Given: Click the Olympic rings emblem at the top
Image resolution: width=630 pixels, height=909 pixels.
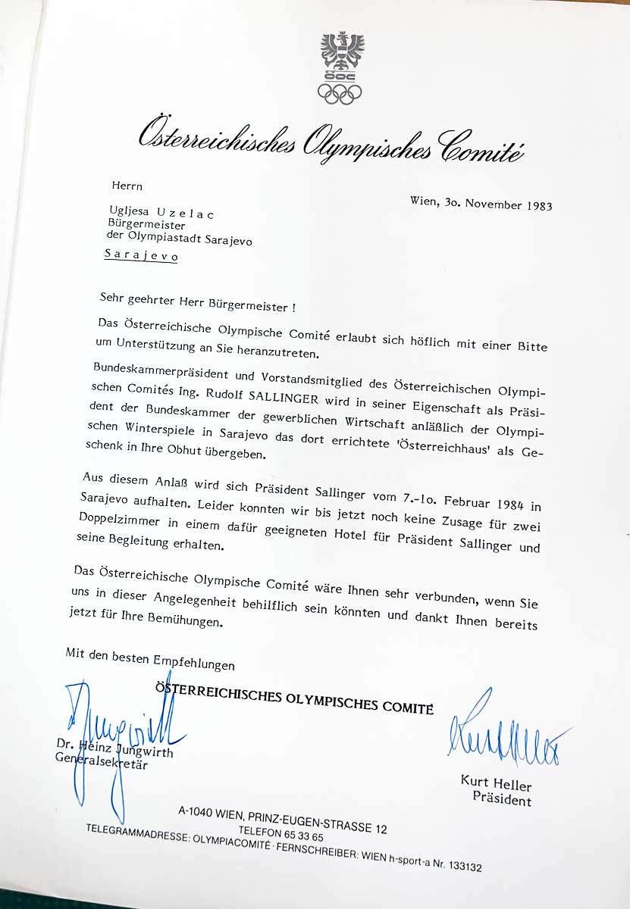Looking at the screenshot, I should pos(340,93).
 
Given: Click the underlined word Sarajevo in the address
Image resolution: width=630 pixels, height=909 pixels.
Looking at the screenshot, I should pos(141,256).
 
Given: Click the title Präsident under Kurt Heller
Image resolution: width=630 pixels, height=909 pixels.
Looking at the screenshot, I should pos(502,798).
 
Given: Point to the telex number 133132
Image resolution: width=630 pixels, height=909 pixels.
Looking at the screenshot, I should pos(457,867).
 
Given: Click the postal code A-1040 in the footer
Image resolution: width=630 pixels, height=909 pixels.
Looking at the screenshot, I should pos(198,814).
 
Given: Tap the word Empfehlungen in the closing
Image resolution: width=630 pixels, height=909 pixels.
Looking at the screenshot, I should pos(194,664).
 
